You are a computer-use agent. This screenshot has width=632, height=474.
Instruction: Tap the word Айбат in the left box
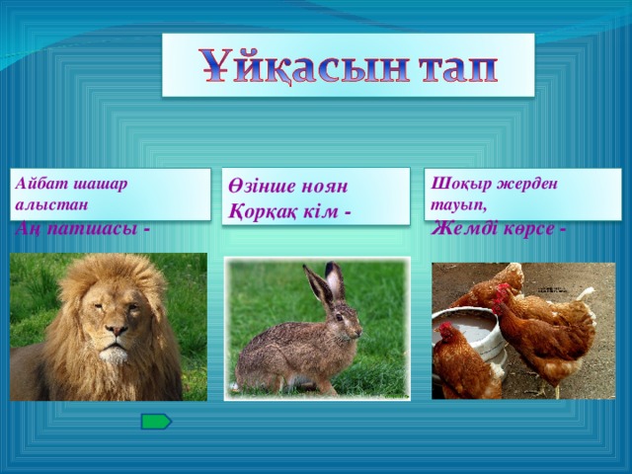pos(37,184)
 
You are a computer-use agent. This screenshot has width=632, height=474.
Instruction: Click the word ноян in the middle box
pos(324,187)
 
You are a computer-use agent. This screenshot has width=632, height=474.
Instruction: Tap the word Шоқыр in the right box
pos(455,184)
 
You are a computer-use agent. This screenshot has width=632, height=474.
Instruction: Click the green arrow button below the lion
pos(156,422)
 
